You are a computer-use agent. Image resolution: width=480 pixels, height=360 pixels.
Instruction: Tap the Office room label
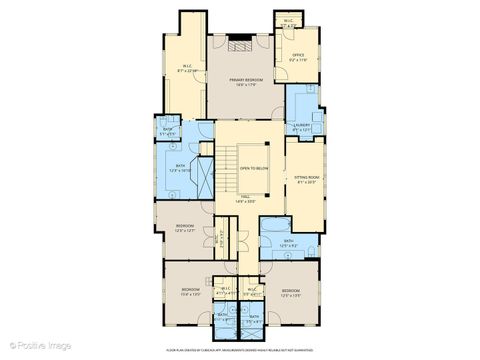(297, 58)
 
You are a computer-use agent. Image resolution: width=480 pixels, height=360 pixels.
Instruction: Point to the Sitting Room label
(305, 180)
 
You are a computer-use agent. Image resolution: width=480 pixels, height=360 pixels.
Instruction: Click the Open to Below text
(253, 168)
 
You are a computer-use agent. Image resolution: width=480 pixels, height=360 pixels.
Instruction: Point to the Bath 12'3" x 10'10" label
(180, 168)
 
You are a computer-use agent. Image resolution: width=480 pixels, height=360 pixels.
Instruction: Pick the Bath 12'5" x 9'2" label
(288, 244)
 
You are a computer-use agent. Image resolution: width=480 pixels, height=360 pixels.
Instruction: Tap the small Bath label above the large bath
(168, 132)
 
